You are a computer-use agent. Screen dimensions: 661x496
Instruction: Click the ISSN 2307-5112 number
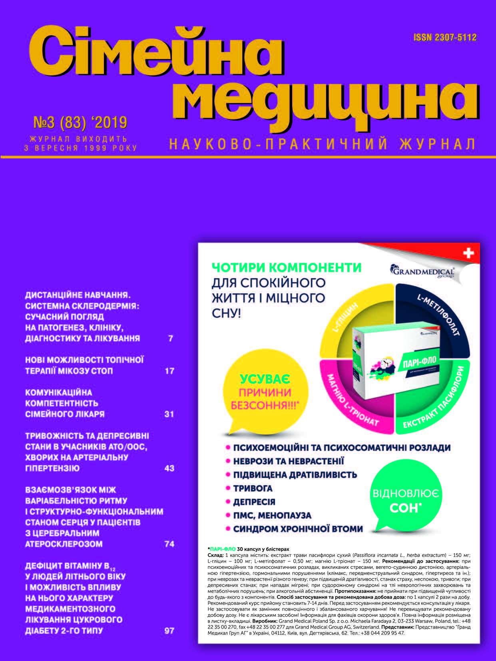445,38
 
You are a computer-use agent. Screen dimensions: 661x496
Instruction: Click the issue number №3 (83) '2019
80,122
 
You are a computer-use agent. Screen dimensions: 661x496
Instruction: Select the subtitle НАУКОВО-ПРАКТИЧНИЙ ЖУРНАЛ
322,144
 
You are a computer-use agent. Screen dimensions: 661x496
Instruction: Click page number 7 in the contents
171,338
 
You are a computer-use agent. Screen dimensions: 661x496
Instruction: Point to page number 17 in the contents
169,371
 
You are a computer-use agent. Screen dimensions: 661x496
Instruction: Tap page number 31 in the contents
169,414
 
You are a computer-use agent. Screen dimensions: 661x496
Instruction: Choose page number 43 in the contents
169,468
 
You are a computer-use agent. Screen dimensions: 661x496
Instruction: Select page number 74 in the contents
169,544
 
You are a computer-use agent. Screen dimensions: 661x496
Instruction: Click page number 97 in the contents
169,631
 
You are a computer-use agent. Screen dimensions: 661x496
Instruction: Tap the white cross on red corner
468,253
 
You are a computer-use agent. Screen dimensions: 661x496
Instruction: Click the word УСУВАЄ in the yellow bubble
265,379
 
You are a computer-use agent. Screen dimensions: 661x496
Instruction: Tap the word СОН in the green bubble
406,508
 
